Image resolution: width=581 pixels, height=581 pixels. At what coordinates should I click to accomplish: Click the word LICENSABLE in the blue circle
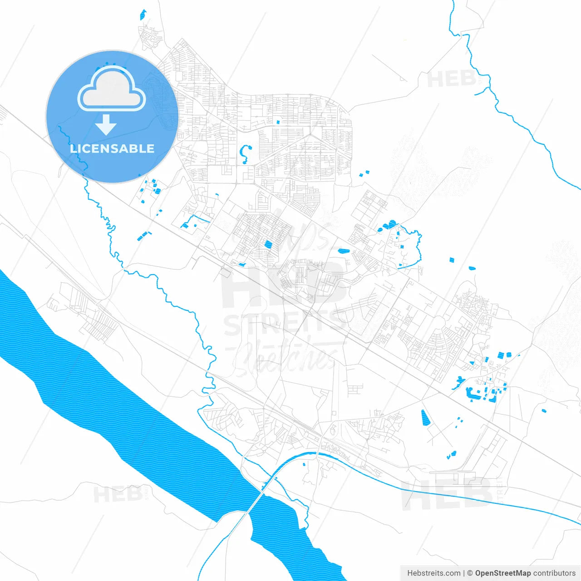[x=112, y=148]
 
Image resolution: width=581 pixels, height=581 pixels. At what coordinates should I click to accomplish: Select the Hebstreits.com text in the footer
[x=434, y=573]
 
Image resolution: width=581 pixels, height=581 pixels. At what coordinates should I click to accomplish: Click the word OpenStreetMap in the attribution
[x=502, y=573]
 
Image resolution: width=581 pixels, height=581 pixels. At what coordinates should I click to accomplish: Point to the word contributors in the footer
[x=554, y=573]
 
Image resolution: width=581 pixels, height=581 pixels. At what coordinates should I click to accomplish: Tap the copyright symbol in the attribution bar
[x=470, y=573]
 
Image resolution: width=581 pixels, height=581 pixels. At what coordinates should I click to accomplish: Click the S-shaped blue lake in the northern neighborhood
[x=246, y=153]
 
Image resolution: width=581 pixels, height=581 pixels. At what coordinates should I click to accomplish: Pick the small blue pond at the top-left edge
[x=143, y=15]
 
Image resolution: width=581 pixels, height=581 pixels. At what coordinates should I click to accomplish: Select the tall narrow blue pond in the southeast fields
[x=425, y=418]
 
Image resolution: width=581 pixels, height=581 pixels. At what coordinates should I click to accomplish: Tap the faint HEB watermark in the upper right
[x=452, y=79]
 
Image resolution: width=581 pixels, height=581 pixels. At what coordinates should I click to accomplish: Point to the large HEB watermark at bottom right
[x=447, y=495]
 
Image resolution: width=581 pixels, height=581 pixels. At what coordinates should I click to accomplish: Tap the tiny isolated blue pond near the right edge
[x=544, y=411]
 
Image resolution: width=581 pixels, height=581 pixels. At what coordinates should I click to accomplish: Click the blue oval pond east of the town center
[x=344, y=250]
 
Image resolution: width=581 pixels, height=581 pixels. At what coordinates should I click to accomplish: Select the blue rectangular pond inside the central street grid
[x=268, y=244]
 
